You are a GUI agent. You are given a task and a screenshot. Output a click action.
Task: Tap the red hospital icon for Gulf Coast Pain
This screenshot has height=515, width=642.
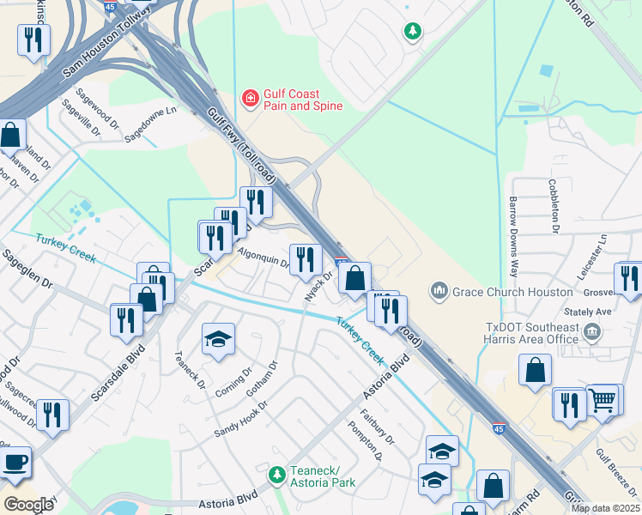(251, 100)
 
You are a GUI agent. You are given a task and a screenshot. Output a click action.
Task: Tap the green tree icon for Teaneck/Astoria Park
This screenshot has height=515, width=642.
(276, 474)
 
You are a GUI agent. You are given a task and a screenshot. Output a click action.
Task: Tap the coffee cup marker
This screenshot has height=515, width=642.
(15, 463)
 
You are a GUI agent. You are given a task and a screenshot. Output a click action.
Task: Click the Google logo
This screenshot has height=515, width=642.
(28, 504)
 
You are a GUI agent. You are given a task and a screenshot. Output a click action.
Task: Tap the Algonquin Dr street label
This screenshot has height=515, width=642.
(263, 258)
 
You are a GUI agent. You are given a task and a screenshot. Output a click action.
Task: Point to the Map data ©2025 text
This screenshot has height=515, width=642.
(604, 508)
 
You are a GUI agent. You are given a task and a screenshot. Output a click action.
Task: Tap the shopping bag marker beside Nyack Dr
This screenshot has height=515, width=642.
(354, 278)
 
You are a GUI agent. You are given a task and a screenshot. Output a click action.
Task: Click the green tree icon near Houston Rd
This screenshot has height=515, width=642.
(414, 32)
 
